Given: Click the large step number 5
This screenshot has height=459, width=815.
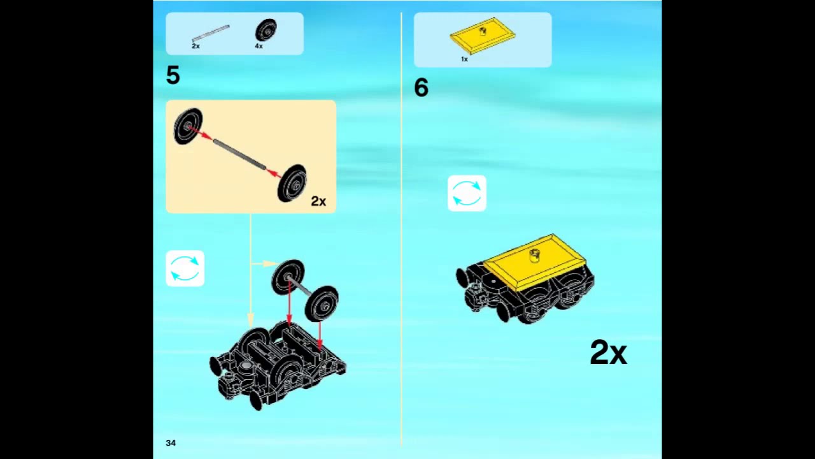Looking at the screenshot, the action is [173, 75].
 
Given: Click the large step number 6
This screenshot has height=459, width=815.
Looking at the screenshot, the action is [422, 88].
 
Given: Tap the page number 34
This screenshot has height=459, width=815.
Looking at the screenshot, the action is [171, 442].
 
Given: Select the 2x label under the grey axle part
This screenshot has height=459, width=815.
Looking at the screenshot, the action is [195, 47].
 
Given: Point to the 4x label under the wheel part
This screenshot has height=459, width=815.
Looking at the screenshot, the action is [259, 47].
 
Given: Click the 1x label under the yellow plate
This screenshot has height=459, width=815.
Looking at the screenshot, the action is [464, 59].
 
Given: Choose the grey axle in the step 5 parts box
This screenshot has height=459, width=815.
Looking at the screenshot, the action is [211, 33].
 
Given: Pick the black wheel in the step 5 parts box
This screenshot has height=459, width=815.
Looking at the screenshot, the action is [266, 30].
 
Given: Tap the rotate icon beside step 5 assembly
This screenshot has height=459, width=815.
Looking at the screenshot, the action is [185, 268].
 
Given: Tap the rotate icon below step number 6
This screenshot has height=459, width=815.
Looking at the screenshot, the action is [467, 193].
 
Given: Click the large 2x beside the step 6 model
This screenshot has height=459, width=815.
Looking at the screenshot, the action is [608, 353].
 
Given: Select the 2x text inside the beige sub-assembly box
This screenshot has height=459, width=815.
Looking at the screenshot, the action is [318, 201].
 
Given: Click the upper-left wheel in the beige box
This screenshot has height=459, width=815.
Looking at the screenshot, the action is [188, 126].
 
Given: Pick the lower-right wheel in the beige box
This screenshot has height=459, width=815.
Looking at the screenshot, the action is [292, 183].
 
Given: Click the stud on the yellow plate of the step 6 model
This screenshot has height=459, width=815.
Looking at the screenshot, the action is [534, 256].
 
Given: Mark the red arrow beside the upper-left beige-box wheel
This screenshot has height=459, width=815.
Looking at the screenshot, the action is [201, 133].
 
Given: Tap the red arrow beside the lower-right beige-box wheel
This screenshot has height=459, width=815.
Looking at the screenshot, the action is [273, 173].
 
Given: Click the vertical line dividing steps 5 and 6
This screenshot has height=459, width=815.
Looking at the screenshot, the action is [401, 229].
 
